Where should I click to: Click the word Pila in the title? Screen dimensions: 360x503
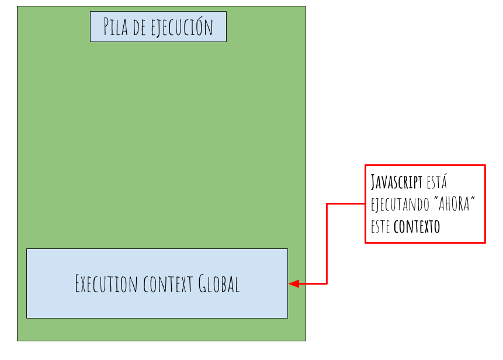click(x=116, y=27)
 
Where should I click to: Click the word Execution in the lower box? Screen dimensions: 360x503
click(x=104, y=284)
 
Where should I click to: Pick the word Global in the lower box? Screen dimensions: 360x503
click(x=219, y=284)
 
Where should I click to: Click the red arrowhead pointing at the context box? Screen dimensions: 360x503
click(x=294, y=284)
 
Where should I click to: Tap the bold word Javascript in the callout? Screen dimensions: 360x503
click(x=397, y=182)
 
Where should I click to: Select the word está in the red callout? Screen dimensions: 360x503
click(x=436, y=182)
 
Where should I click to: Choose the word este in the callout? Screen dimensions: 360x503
click(x=380, y=227)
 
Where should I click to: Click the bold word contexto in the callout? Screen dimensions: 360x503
click(x=417, y=227)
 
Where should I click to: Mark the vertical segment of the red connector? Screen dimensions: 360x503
click(x=327, y=244)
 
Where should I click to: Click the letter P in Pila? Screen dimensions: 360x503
click(x=107, y=27)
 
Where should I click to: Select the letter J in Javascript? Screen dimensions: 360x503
click(x=373, y=182)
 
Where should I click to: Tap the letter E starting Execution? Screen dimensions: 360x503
click(x=78, y=284)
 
